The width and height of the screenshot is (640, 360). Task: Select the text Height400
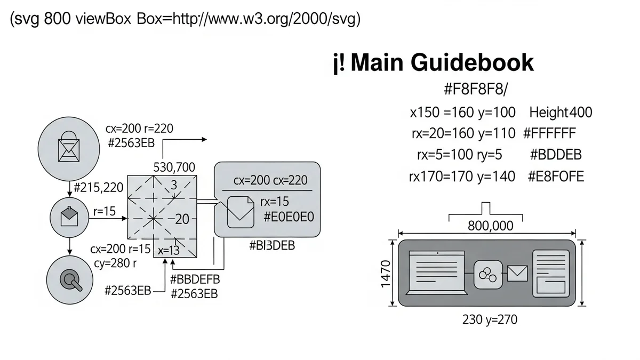coord(561,113)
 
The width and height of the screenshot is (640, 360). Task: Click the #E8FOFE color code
coord(556,176)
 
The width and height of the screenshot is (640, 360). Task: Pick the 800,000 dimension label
coord(490,226)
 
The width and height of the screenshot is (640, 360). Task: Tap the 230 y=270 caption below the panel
coord(489,319)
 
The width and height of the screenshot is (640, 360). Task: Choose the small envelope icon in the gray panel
coord(517,274)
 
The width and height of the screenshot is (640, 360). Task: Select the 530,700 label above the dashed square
coord(174,167)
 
